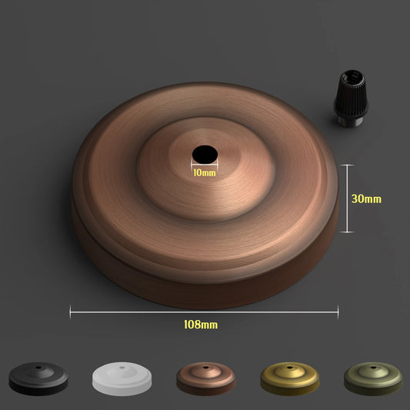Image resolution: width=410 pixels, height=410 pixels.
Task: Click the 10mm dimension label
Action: click(x=204, y=172)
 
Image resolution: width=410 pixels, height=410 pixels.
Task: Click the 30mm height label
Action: click(x=366, y=198)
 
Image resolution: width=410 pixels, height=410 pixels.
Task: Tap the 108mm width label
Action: click(x=200, y=325)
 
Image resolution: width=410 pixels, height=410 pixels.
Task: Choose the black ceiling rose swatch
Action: click(x=38, y=378)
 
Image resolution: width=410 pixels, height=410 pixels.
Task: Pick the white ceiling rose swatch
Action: click(x=121, y=378)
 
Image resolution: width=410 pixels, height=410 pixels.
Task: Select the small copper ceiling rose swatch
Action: click(x=205, y=378)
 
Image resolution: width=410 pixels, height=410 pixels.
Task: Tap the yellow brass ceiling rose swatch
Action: click(x=289, y=378)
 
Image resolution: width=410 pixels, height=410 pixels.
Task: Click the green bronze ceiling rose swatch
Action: click(x=372, y=378)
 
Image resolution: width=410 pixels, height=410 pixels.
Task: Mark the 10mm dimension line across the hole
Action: click(x=205, y=163)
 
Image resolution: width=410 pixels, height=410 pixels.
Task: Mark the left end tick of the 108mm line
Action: click(x=70, y=312)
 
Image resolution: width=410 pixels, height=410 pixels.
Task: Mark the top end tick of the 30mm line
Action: click(x=348, y=164)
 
